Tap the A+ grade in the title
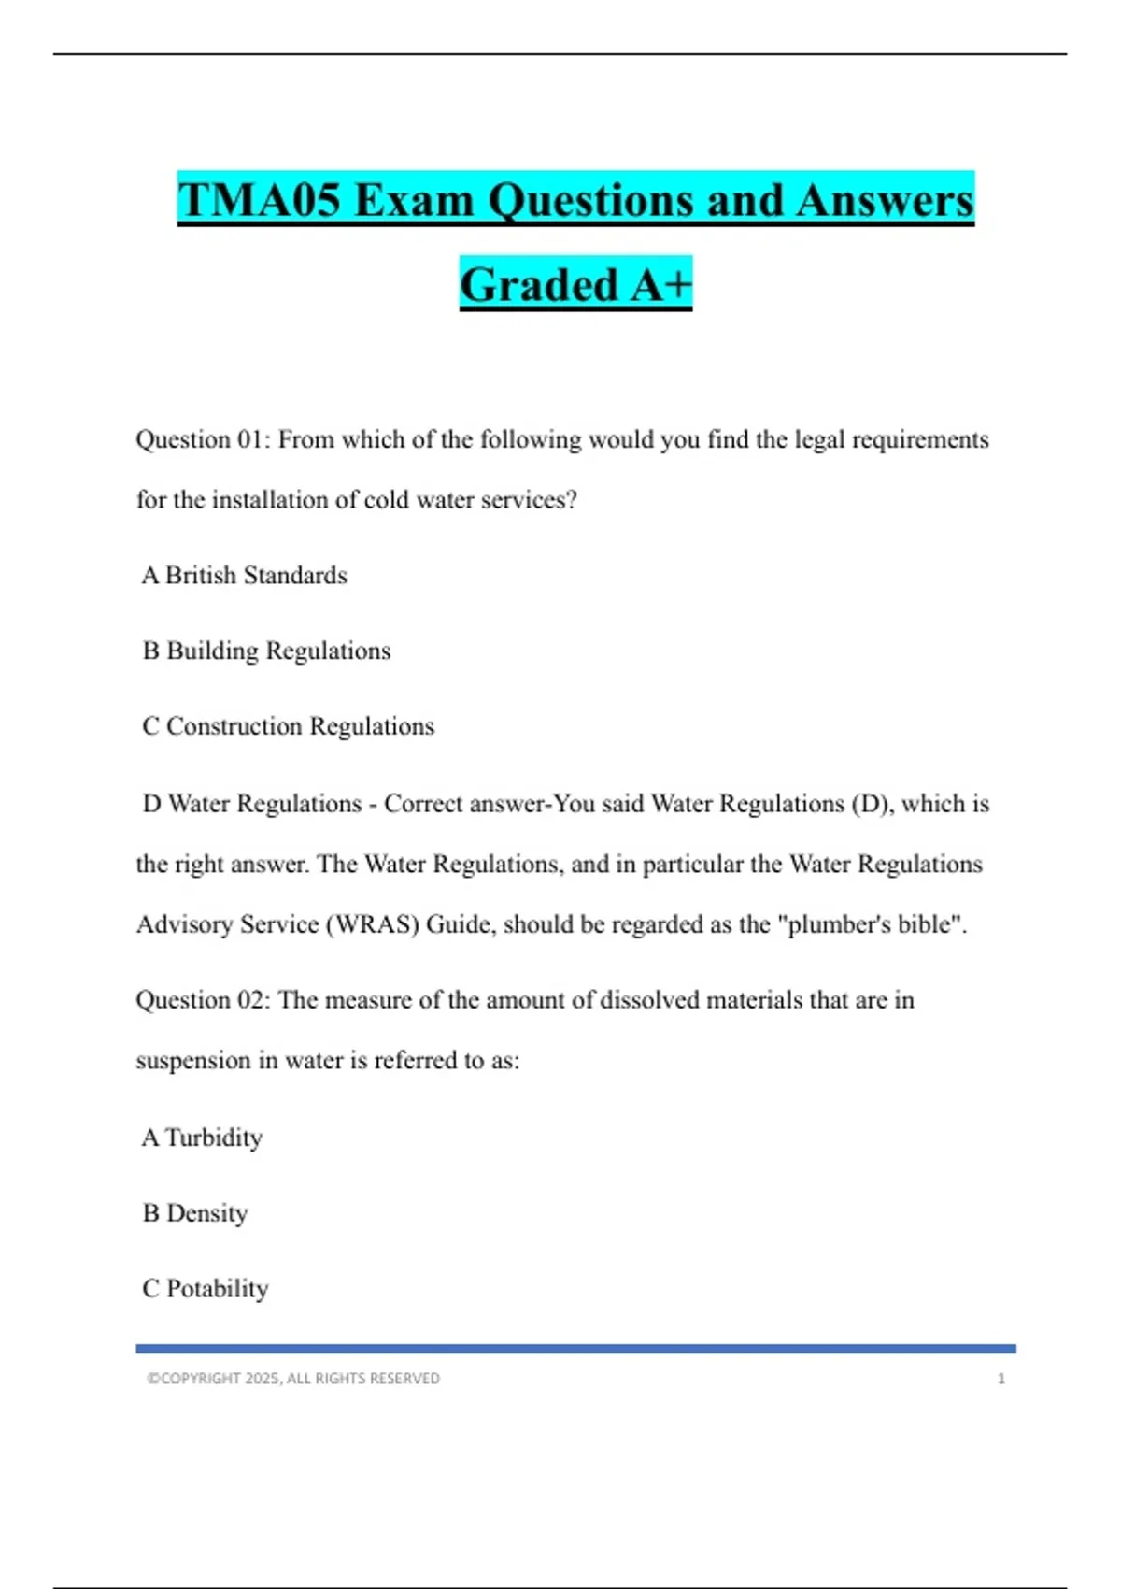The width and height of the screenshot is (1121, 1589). pyautogui.click(x=660, y=285)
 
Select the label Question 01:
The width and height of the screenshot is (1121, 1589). pyautogui.click(x=203, y=439)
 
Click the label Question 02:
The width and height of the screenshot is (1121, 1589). pyautogui.click(x=203, y=1000)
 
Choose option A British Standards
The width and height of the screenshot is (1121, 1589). pyautogui.click(x=245, y=575)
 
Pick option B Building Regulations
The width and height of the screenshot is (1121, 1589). pyautogui.click(x=266, y=651)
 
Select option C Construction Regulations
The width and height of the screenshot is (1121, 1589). pyautogui.click(x=288, y=726)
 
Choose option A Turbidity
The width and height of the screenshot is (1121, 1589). pyautogui.click(x=203, y=1138)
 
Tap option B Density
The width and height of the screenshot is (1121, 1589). pyautogui.click(x=195, y=1213)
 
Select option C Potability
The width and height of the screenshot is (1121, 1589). pyautogui.click(x=206, y=1289)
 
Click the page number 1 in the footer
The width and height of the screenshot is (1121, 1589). pyautogui.click(x=1000, y=1379)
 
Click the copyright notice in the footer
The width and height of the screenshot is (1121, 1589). pyautogui.click(x=293, y=1379)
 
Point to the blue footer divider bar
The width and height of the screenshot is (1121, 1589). pyautogui.click(x=575, y=1349)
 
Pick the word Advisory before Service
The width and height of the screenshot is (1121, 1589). pyautogui.click(x=184, y=924)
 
